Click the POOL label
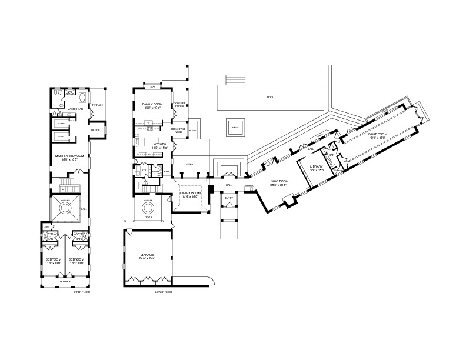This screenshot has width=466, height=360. [270, 97]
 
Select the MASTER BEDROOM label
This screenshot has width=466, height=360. [69, 156]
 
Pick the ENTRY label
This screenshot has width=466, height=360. [229, 198]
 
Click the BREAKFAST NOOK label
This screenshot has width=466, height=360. [178, 129]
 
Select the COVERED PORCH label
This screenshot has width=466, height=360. [179, 105]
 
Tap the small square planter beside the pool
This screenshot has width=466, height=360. [234, 126]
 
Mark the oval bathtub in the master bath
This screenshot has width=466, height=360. [81, 98]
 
